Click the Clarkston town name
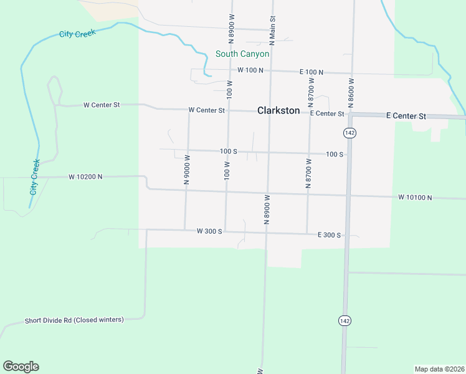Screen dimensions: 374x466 pyautogui.click(x=278, y=111)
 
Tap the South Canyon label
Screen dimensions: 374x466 pyautogui.click(x=242, y=54)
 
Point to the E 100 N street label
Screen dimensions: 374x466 pyautogui.click(x=311, y=72)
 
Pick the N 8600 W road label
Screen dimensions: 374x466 pyautogui.click(x=351, y=93)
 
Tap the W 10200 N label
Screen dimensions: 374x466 pyautogui.click(x=85, y=177)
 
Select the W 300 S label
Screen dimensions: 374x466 pyautogui.click(x=209, y=231)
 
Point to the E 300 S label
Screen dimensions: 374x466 pyautogui.click(x=329, y=235)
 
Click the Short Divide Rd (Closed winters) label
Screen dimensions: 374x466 pyautogui.click(x=74, y=320)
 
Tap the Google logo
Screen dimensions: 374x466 pyautogui.click(x=21, y=367)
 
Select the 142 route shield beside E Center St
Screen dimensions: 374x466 pyautogui.click(x=349, y=133)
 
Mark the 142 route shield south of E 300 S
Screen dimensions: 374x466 pyautogui.click(x=344, y=320)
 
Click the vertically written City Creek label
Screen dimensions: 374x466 pyautogui.click(x=35, y=176)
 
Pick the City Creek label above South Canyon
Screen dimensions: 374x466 pyautogui.click(x=77, y=34)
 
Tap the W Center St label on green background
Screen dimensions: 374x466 pyautogui.click(x=102, y=105)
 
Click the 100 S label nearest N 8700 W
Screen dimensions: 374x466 pyautogui.click(x=335, y=154)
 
